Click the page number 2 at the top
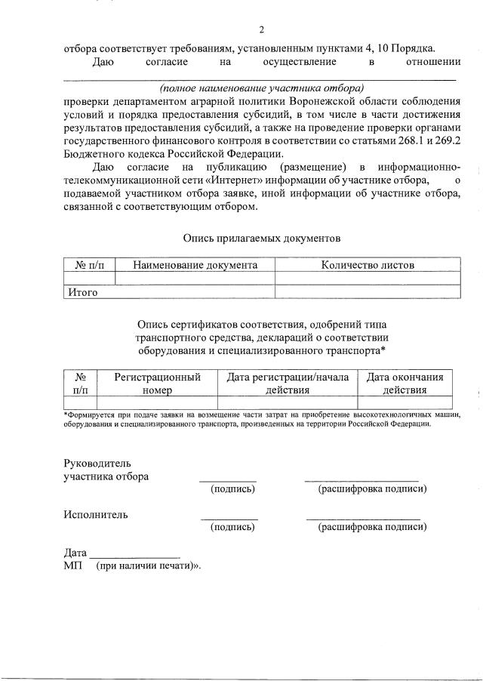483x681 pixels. (x=261, y=30)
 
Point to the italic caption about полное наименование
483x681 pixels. (x=261, y=88)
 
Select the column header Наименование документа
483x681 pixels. (x=195, y=265)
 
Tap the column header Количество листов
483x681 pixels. (x=367, y=265)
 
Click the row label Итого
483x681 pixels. (x=82, y=292)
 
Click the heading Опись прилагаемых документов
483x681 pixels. (x=261, y=239)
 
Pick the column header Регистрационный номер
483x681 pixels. (x=157, y=383)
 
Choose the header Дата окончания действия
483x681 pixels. (x=405, y=383)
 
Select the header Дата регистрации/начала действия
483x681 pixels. (x=288, y=383)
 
